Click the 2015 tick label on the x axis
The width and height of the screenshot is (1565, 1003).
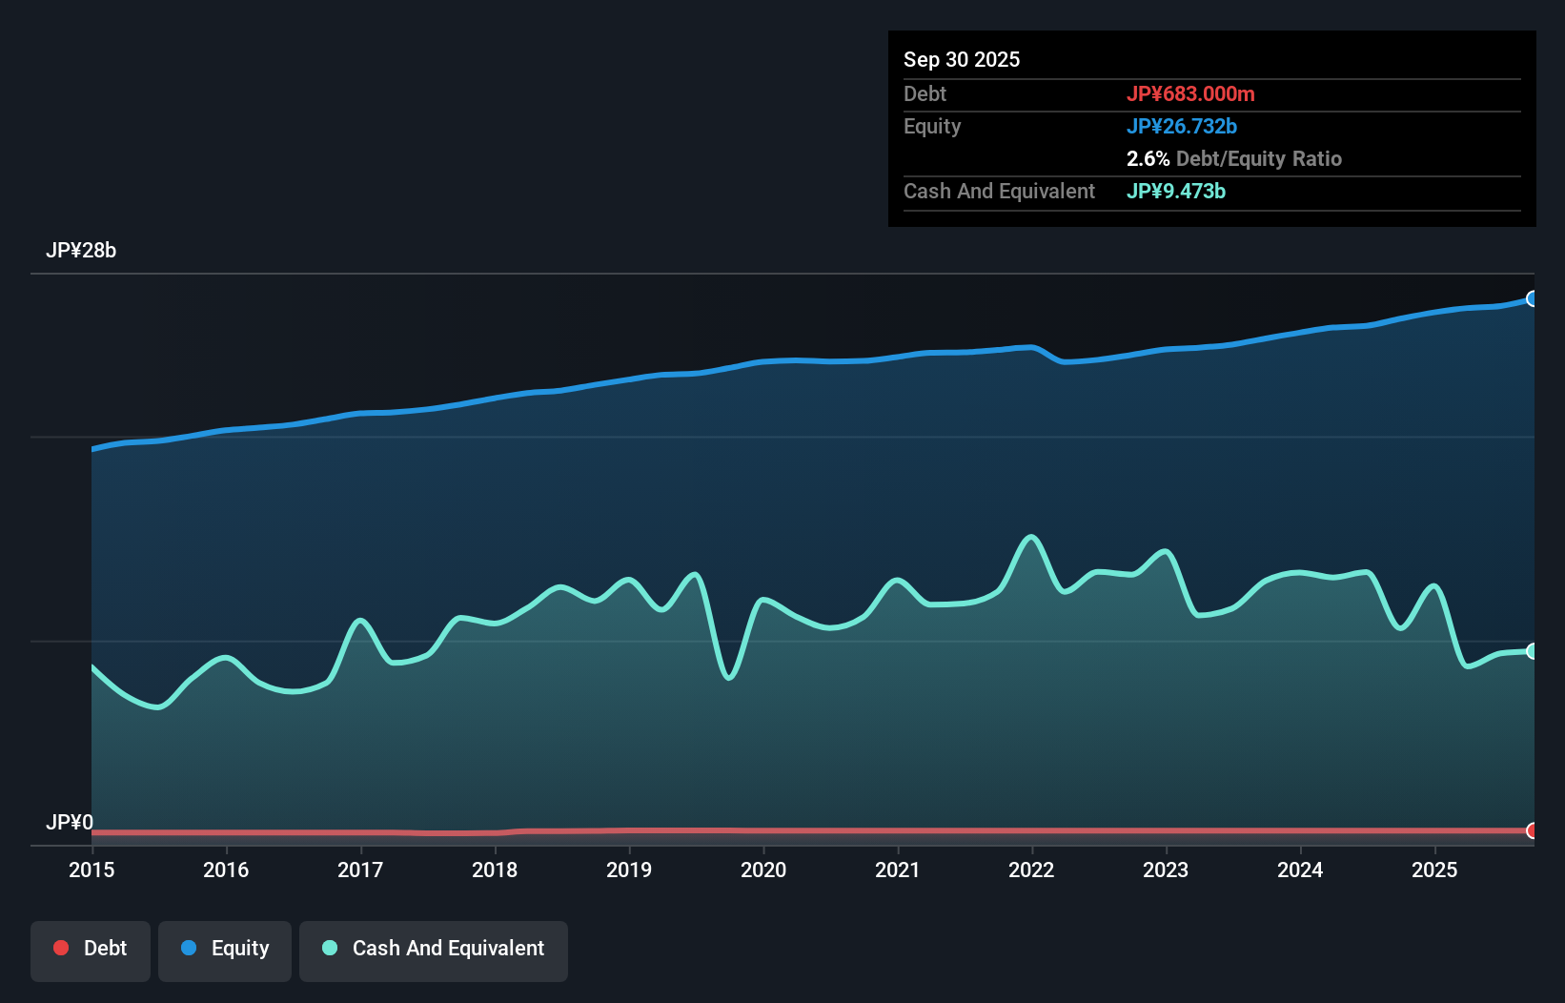(x=91, y=870)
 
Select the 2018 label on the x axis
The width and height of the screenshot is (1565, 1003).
(x=495, y=870)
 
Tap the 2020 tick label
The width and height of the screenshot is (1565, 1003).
(x=763, y=870)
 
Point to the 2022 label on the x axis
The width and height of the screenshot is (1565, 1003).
(x=1031, y=870)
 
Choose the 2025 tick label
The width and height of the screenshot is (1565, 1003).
(x=1434, y=870)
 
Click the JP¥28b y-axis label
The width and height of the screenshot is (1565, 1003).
(x=81, y=251)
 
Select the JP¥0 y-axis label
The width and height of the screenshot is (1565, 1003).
(x=70, y=822)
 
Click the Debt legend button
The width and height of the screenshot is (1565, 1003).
(x=91, y=949)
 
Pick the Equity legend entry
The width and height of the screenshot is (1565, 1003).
(x=225, y=949)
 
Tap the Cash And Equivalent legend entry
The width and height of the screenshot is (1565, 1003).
(x=434, y=949)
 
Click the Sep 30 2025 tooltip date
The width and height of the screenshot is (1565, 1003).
(x=962, y=59)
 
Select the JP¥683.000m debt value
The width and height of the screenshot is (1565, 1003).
(x=1190, y=93)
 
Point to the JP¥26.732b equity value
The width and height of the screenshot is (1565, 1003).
(x=1182, y=126)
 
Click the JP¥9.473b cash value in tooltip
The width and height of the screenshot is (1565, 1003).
(x=1176, y=191)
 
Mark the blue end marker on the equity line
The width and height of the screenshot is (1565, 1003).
(x=1532, y=298)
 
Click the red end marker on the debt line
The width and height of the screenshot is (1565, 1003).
(x=1532, y=830)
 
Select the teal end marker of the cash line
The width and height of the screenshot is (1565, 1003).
(x=1532, y=651)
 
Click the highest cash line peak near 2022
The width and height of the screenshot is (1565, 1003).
(x=1030, y=537)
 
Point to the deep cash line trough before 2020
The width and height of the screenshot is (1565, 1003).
(x=729, y=678)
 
